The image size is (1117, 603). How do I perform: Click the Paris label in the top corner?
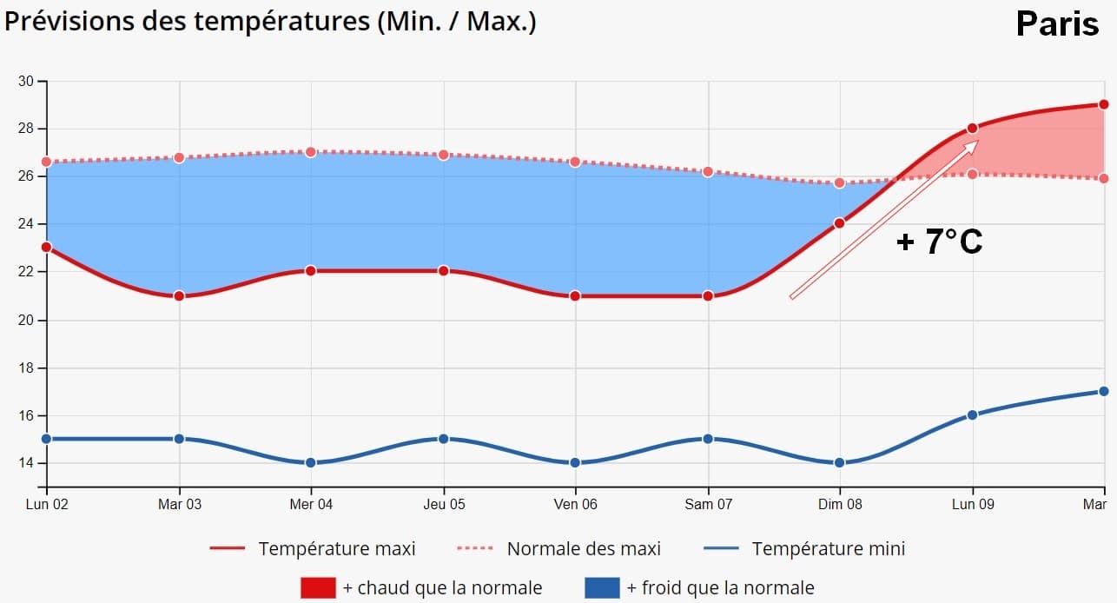pyautogui.click(x=1057, y=24)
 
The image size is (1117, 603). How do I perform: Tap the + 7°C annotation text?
pyautogui.click(x=939, y=242)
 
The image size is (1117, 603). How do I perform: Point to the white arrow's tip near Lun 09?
pyautogui.click(x=977, y=142)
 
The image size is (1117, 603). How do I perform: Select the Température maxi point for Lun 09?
pyautogui.click(x=972, y=129)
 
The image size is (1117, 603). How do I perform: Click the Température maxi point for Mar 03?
pyautogui.click(x=179, y=295)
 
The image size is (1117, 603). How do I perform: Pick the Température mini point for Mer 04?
pyautogui.click(x=311, y=462)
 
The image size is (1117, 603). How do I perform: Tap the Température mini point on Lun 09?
pyautogui.click(x=972, y=414)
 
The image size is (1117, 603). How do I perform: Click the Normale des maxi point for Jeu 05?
pyautogui.click(x=443, y=155)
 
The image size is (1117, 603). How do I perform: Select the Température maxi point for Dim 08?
pyautogui.click(x=839, y=223)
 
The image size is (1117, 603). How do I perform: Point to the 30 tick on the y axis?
pyautogui.click(x=26, y=82)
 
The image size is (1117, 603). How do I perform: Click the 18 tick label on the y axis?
pyautogui.click(x=26, y=368)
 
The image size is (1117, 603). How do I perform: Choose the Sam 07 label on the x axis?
pyautogui.click(x=708, y=504)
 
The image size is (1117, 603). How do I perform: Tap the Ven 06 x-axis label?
pyautogui.click(x=576, y=504)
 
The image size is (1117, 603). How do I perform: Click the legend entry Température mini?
pyautogui.click(x=827, y=548)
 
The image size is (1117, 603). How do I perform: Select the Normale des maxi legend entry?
pyautogui.click(x=583, y=548)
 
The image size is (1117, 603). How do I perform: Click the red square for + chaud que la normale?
pyautogui.click(x=318, y=587)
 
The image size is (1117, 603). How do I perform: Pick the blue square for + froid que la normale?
pyautogui.click(x=602, y=587)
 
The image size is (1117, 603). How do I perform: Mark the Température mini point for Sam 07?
pyautogui.click(x=708, y=439)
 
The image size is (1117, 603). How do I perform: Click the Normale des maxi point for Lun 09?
pyautogui.click(x=972, y=174)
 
